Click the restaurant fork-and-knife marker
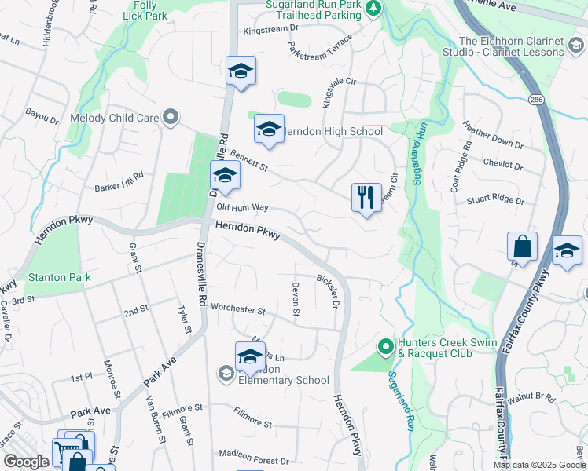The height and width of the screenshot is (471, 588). coord(366,198)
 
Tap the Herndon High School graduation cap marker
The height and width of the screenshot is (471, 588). coord(269,130)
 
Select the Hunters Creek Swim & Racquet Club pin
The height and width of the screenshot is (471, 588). coord(385,345)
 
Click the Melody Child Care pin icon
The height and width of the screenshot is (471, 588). coord(170,119)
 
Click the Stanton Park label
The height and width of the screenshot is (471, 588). coord(60,277)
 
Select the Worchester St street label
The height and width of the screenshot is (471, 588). coord(224,309)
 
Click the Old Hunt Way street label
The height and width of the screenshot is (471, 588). coord(242,208)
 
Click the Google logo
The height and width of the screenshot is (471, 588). coord(26,462)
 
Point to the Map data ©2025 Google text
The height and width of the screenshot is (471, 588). coord(539,465)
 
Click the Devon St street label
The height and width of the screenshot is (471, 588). coord(296,300)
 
